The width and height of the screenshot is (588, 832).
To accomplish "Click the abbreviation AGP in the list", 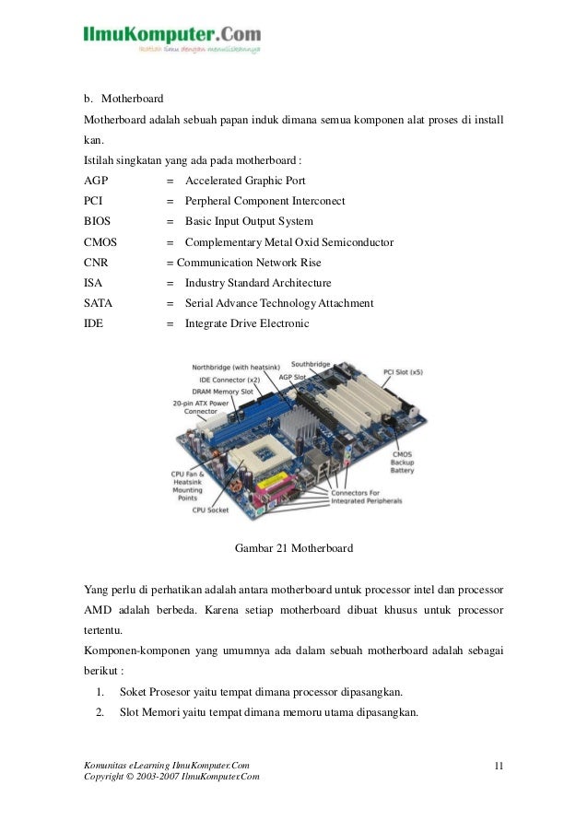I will coord(96,182).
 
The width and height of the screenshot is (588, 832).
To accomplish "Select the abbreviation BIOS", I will coord(98,222).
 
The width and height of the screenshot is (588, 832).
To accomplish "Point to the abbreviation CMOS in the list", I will coord(100,242).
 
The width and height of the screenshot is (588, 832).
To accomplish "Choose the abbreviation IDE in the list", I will coord(94,323).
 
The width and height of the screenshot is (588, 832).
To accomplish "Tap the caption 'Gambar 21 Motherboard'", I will coord(294,547).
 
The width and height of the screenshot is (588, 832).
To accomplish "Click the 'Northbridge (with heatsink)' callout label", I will coord(233,366).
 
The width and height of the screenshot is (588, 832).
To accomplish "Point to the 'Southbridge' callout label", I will coord(311,365).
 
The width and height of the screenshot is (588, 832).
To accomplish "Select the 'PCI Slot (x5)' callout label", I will coord(402,372).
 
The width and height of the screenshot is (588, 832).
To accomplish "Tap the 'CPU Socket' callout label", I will coord(211,509).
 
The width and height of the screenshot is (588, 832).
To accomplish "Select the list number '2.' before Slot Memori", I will coord(100,711).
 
